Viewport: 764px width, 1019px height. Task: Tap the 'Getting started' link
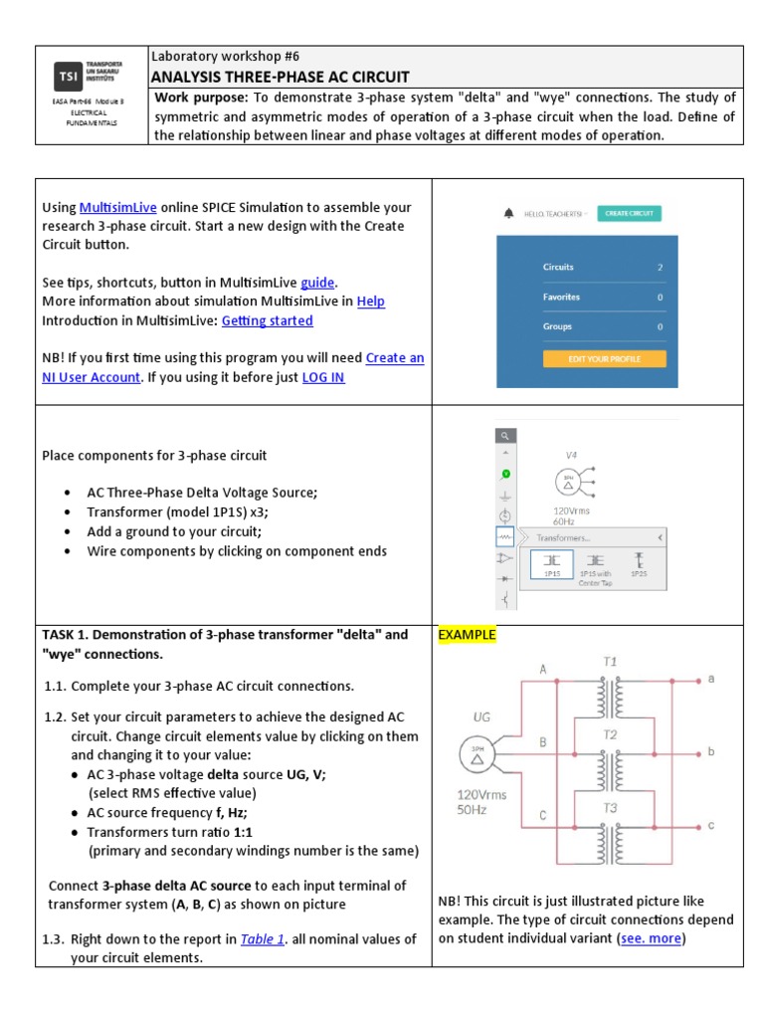[x=267, y=320]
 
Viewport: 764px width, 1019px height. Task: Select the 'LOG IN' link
[x=323, y=377]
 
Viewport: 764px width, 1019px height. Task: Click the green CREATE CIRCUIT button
[x=629, y=213]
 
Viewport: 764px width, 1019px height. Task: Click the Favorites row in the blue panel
[x=561, y=297]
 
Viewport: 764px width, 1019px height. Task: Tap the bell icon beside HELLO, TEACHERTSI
[x=509, y=213]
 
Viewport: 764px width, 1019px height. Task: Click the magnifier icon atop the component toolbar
[x=505, y=436]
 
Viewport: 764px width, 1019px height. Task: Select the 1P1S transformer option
[x=552, y=564]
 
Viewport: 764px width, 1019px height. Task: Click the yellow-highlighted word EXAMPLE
[x=467, y=635]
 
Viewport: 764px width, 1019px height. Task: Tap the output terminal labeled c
[x=710, y=827]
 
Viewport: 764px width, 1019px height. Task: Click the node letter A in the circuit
[x=543, y=670]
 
